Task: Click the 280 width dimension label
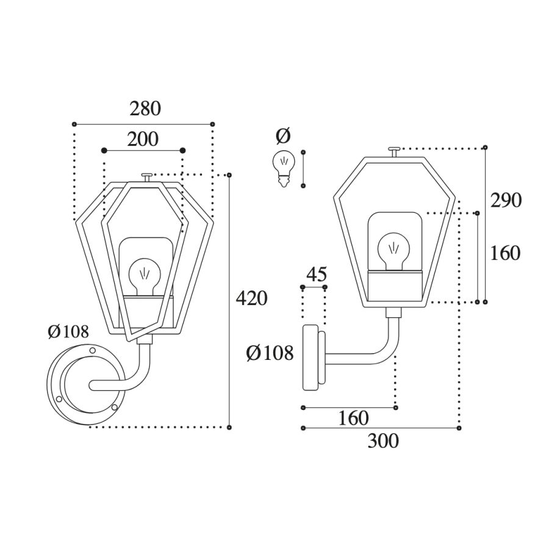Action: coord(145,109)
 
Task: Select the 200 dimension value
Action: coord(143,139)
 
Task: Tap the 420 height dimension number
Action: coord(251,299)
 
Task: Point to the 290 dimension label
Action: coord(506,201)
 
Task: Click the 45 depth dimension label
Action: coord(317,274)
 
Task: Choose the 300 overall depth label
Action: coord(383,441)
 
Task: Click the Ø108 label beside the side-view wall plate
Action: coord(270,353)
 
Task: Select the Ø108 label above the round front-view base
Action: coord(68,331)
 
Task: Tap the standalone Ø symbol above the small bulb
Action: coord(283,136)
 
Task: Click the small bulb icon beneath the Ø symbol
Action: coord(284,168)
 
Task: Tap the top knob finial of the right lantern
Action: coord(394,152)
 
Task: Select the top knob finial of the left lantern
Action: coord(146,178)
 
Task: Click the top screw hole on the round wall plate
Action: coord(93,350)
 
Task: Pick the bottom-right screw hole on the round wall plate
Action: coord(114,407)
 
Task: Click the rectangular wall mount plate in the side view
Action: coord(310,357)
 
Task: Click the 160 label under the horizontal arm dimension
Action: coord(353,418)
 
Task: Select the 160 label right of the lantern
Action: coord(505,253)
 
